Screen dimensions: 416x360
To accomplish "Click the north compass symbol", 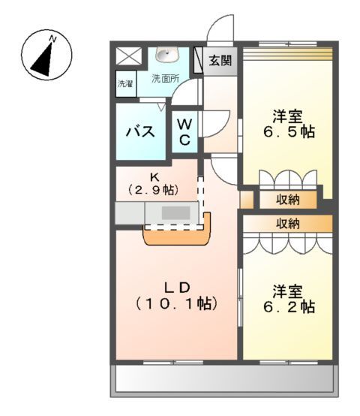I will [x=46, y=54].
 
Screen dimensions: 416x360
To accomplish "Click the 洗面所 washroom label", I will [x=166, y=79].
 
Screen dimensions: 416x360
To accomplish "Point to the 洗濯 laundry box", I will [x=124, y=84].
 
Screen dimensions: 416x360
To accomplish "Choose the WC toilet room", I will [x=184, y=131].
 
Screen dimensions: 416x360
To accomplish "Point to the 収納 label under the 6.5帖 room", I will [x=289, y=200].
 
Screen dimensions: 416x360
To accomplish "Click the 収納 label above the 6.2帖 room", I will [x=288, y=223].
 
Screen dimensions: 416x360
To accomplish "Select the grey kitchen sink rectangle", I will [x=176, y=213].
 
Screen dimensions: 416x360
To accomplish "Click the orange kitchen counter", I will [x=177, y=236].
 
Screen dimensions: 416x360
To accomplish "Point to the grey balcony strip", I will [x=225, y=380].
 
